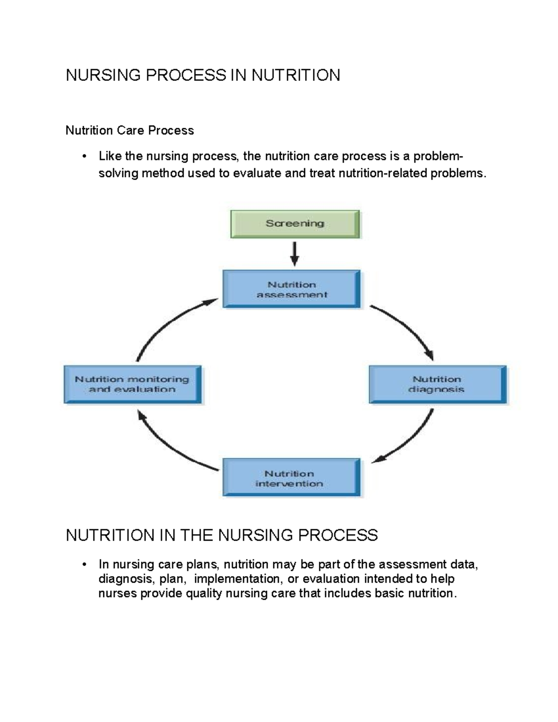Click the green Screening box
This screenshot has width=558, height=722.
295,224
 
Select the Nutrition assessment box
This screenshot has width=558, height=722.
292,289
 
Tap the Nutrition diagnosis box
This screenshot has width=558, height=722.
437,384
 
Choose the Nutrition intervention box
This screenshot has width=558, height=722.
292,478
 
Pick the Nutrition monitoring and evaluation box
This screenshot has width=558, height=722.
133,384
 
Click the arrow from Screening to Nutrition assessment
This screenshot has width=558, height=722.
294,253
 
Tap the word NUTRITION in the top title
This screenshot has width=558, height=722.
296,75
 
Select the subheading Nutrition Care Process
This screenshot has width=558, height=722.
130,130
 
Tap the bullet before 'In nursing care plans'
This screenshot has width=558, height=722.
84,564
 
